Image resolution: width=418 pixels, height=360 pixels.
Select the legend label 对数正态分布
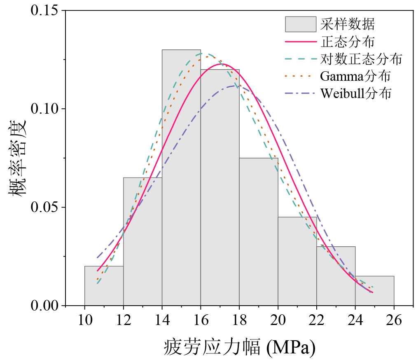pyautogui.click(x=361, y=59)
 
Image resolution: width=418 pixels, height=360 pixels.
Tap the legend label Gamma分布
pyautogui.click(x=355, y=76)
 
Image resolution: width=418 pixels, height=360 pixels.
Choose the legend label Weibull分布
pyautogui.click(x=355, y=94)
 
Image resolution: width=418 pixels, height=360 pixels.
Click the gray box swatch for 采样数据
pyautogui.click(x=301, y=24)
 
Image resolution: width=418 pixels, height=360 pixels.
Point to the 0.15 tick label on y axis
pyautogui.click(x=45, y=10)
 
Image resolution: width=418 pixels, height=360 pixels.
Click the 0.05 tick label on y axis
pyautogui.click(x=45, y=207)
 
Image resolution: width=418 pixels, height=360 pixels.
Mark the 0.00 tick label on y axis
pyautogui.click(x=45, y=306)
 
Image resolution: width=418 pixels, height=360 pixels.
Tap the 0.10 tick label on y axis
pyautogui.click(x=45, y=109)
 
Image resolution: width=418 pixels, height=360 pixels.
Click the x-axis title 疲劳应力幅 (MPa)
pyautogui.click(x=240, y=347)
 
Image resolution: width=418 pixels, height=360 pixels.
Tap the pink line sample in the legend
pyautogui.click(x=301, y=42)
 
